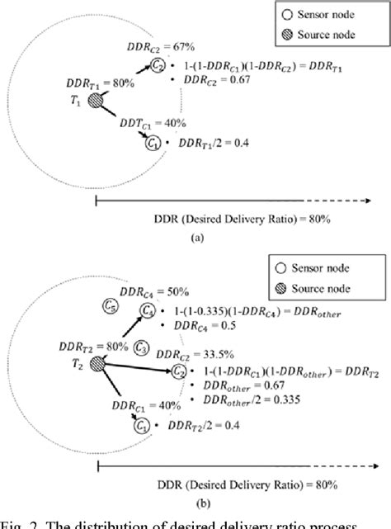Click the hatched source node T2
click(98, 364)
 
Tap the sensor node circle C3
click(141, 347)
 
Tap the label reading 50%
click(178, 291)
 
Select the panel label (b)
click(196, 501)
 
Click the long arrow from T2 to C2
click(136, 368)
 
